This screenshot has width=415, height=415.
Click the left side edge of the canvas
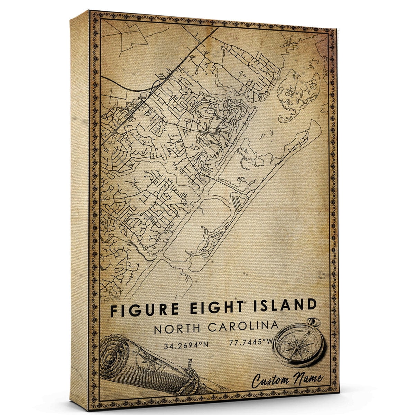pyautogui.click(x=80, y=207)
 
